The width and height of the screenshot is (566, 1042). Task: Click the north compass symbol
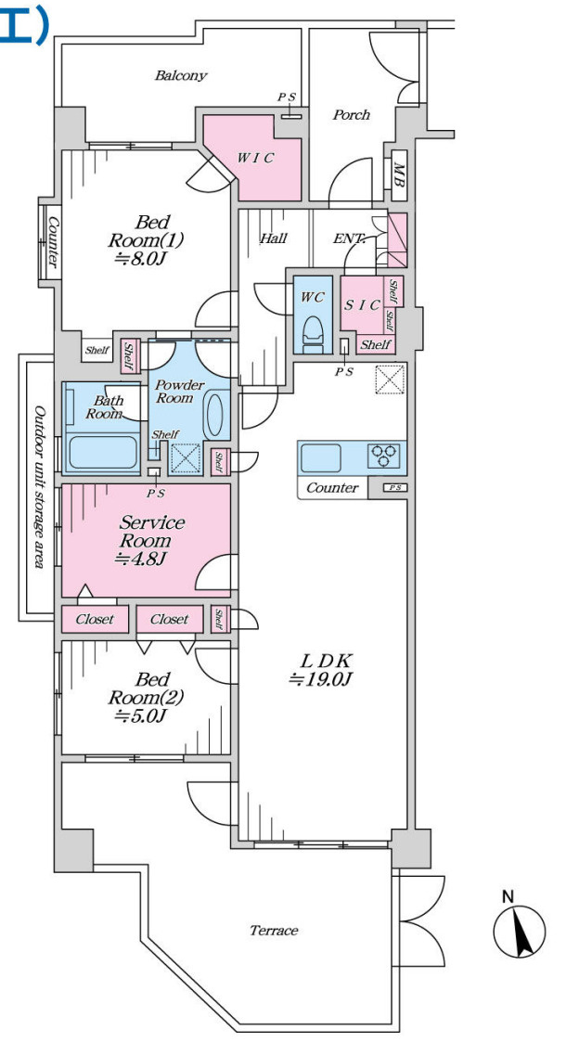click(x=519, y=931)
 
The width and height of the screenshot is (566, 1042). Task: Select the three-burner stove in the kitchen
click(x=384, y=457)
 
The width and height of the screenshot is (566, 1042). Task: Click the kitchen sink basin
click(x=321, y=457)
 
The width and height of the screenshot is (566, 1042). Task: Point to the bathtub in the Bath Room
click(x=103, y=453)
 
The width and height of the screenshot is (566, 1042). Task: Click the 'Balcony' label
click(x=181, y=76)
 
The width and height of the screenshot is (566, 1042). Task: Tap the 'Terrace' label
click(x=274, y=931)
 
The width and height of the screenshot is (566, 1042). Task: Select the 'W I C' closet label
click(x=256, y=158)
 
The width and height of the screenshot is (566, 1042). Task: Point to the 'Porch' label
click(x=351, y=115)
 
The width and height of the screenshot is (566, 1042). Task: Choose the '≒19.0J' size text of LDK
click(x=320, y=679)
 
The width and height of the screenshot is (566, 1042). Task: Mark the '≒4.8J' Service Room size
click(x=139, y=559)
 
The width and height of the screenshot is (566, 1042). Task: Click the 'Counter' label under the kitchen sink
click(x=332, y=488)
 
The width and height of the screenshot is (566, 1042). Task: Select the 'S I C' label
click(x=362, y=305)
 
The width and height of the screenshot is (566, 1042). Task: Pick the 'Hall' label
click(x=273, y=238)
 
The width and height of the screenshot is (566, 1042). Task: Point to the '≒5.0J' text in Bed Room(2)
click(x=139, y=715)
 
